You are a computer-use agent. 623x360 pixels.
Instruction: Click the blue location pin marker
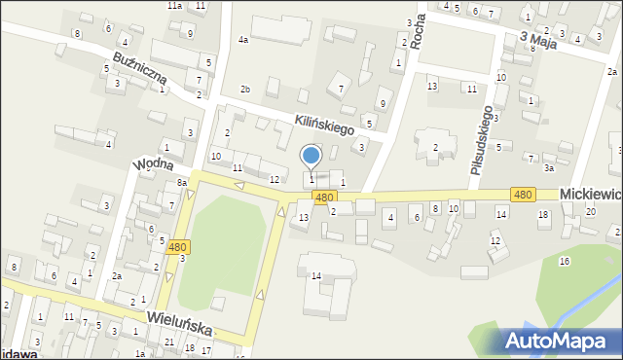click(311, 156)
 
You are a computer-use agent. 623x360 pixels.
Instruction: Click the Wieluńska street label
click(180, 323)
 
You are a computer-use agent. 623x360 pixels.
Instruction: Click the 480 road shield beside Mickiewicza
click(523, 195)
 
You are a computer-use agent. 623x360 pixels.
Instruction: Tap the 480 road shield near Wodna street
click(177, 247)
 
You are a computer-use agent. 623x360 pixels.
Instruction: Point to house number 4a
click(243, 40)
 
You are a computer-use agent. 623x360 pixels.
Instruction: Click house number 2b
click(245, 90)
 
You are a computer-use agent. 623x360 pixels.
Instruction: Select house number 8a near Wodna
click(181, 183)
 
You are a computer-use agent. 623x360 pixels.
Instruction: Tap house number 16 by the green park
click(564, 261)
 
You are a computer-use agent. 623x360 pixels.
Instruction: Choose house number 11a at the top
click(173, 6)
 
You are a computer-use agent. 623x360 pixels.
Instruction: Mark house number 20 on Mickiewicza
click(591, 211)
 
